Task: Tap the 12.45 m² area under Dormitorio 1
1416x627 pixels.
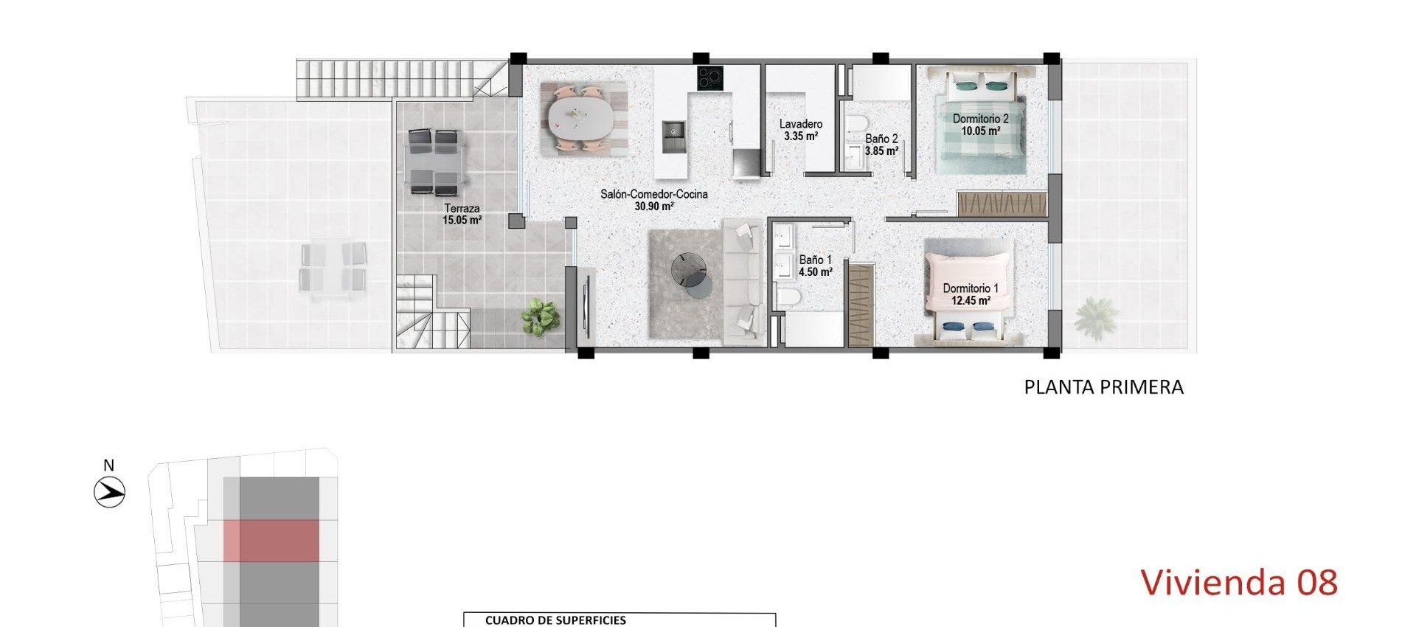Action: (x=971, y=301)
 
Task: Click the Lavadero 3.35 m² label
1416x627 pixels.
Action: (x=800, y=130)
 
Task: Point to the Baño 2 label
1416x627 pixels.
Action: (x=881, y=139)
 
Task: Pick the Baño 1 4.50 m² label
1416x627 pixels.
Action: (x=815, y=266)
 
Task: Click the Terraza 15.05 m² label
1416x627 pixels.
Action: (x=462, y=214)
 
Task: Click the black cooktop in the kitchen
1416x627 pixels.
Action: (x=710, y=78)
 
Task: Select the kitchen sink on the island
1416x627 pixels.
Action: (x=674, y=133)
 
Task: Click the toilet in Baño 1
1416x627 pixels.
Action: (x=788, y=297)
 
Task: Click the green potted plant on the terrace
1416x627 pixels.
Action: (x=540, y=317)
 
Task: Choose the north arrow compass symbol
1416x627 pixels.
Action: (x=110, y=491)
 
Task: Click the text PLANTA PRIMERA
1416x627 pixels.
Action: (x=1103, y=387)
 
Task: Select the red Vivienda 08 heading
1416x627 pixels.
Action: (x=1238, y=583)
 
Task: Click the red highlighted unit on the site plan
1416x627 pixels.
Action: (x=272, y=541)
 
